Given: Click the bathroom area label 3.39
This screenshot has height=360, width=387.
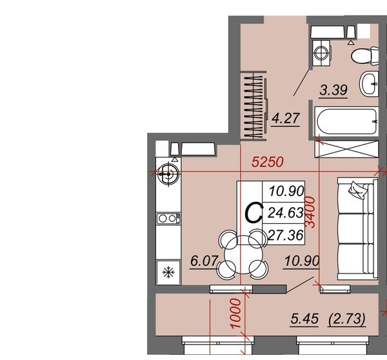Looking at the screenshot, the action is (333, 90).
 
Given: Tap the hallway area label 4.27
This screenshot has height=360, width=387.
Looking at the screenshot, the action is (286, 118).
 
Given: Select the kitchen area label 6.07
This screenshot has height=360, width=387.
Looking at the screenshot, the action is (204, 261).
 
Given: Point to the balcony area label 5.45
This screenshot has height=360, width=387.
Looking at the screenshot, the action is (304, 319).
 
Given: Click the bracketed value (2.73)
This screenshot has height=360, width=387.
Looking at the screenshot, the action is (347, 319).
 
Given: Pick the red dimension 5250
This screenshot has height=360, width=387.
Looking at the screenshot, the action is (268, 162).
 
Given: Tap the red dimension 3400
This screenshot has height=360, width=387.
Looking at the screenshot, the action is (310, 212).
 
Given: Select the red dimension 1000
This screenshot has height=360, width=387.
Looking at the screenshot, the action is (235, 314).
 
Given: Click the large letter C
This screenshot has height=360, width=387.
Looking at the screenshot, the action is (253, 213).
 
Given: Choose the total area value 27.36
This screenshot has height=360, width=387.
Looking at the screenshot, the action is (285, 235).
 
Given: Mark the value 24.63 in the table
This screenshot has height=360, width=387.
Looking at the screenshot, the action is (286, 213).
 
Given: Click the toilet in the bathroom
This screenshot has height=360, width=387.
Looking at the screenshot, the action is (365, 56).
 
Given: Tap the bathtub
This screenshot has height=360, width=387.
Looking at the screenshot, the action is (347, 121).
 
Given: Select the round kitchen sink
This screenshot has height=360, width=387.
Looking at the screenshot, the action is (168, 174).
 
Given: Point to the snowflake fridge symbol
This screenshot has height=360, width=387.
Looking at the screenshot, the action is (168, 272).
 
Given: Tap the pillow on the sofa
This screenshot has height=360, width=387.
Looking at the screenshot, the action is (357, 190).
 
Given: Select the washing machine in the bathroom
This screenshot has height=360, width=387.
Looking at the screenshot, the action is (321, 53).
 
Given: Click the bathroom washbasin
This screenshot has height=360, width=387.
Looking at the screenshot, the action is (369, 84).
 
